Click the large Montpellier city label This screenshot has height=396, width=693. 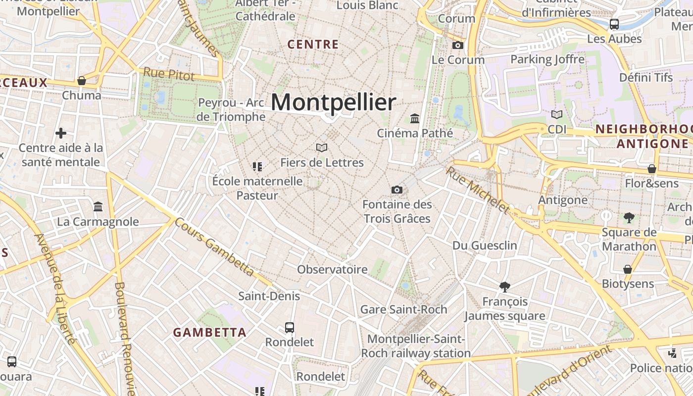[x=333, y=102]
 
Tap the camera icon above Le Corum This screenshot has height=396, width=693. [x=458, y=46]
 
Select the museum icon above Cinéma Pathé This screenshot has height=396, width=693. [x=415, y=119]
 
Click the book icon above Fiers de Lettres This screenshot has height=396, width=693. [x=322, y=148]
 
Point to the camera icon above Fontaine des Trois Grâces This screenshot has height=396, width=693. [x=396, y=190]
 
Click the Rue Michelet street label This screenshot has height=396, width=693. [x=477, y=190]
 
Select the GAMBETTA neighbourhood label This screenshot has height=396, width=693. [x=209, y=332]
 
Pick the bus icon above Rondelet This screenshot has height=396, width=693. [x=290, y=328]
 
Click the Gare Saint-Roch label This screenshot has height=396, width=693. [x=403, y=309]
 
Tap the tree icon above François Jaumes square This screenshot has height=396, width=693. [x=505, y=287]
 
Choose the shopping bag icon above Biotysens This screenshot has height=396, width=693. [x=628, y=270]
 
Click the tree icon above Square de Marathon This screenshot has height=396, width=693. [x=629, y=217]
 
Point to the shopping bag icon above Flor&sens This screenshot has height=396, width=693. [x=652, y=169]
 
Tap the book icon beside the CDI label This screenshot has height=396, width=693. [x=557, y=115]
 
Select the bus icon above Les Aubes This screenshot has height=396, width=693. [x=614, y=24]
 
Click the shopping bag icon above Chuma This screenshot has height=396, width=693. [x=82, y=81]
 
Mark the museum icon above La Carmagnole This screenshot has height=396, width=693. [x=98, y=206]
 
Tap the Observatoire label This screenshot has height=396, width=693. [x=332, y=269]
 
